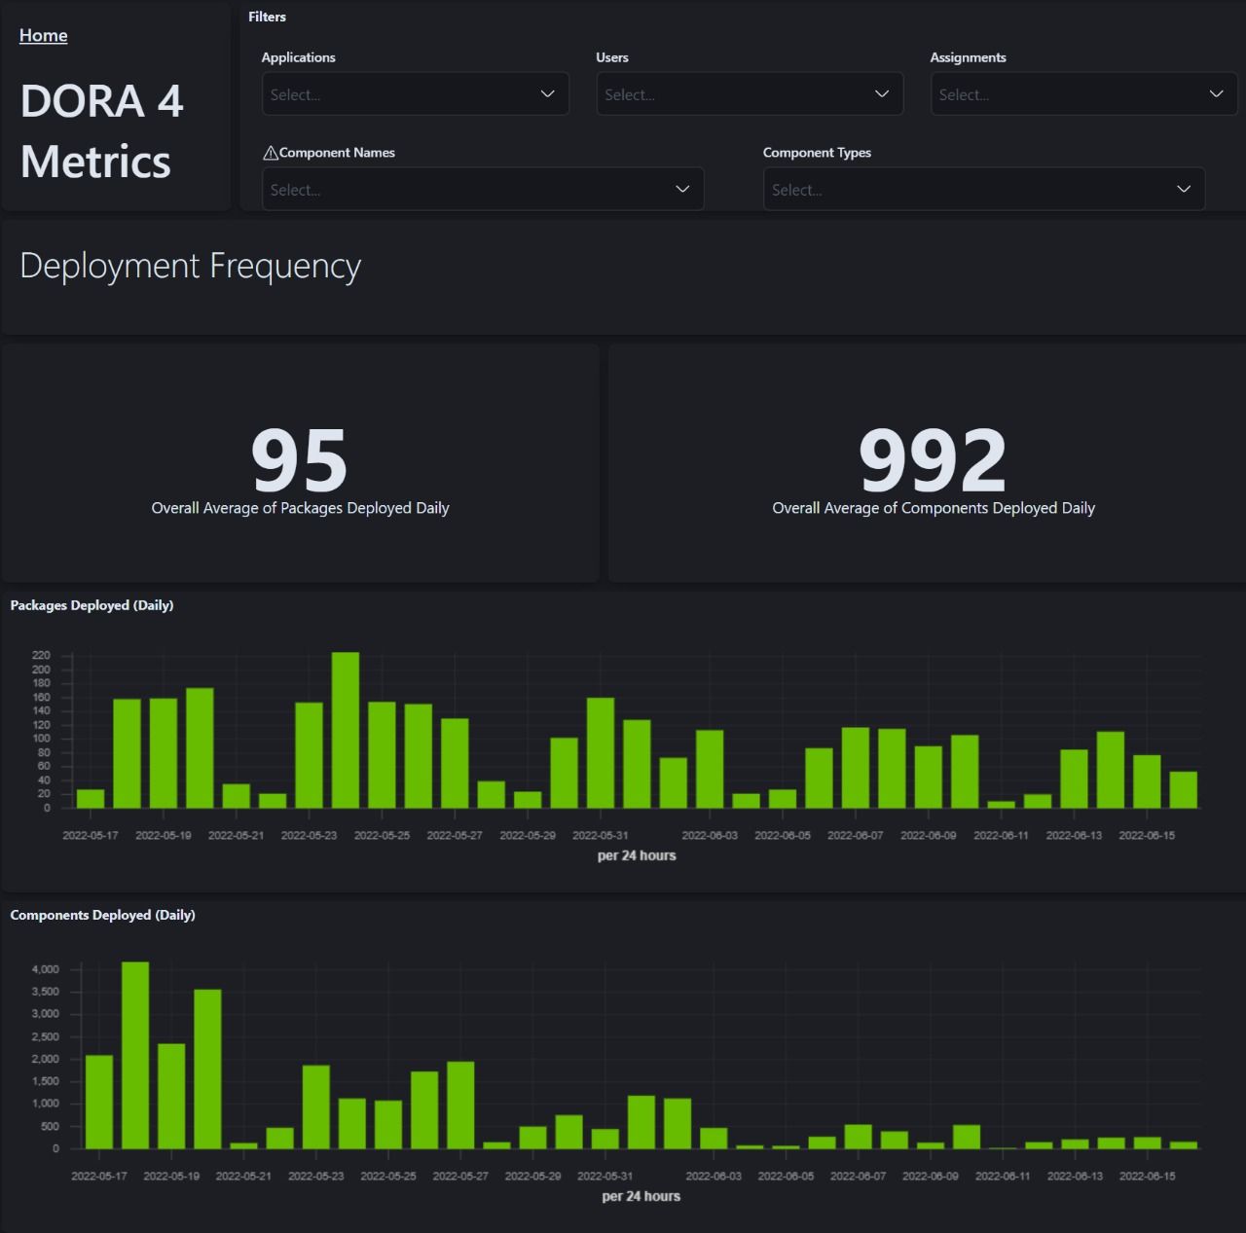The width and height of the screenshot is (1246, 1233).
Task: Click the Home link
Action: (x=43, y=35)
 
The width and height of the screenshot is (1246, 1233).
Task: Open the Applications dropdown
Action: (x=415, y=94)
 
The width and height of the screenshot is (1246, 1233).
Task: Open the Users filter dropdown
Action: (x=749, y=94)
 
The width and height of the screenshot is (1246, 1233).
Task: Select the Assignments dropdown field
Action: (x=1082, y=94)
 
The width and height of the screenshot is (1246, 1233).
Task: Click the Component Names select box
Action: (x=482, y=190)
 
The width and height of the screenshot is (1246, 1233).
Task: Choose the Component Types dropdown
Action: (x=983, y=190)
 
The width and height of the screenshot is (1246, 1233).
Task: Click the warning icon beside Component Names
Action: (x=271, y=153)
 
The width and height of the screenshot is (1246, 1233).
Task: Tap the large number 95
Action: (x=299, y=459)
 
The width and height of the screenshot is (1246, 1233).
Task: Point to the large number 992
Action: (x=932, y=459)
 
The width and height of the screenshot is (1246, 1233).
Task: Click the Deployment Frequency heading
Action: (x=191, y=266)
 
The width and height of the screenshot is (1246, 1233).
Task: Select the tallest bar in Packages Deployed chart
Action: (x=346, y=730)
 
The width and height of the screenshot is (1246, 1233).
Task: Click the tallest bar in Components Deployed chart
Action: (x=135, y=1056)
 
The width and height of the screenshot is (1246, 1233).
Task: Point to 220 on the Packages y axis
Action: (x=41, y=656)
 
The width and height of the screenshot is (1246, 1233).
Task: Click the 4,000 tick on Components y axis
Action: (x=46, y=969)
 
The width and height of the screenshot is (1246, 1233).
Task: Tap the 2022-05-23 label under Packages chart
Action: (x=309, y=835)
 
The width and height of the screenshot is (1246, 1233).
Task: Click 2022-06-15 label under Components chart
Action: (x=1147, y=1176)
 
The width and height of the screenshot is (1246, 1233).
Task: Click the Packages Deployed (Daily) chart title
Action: (x=92, y=605)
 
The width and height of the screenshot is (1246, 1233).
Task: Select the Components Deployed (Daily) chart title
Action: (x=102, y=915)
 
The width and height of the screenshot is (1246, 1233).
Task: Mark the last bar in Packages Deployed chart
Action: (x=1183, y=789)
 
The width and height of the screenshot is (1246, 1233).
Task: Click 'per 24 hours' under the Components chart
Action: (x=641, y=1196)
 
